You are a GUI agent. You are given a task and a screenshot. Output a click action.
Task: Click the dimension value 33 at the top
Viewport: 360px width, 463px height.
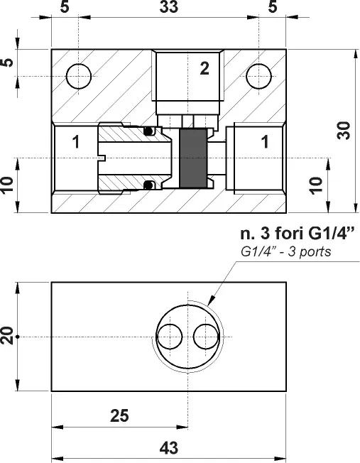[169, 6]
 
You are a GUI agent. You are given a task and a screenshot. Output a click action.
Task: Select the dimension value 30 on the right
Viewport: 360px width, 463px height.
[344, 130]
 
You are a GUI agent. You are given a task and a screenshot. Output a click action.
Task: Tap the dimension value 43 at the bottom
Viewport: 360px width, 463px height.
[169, 447]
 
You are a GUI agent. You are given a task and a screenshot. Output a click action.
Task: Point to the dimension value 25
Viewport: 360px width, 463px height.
[119, 415]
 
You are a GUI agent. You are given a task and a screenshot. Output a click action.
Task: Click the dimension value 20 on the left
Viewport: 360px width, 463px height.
[7, 336]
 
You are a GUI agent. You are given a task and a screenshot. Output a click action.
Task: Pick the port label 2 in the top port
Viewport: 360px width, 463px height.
[204, 68]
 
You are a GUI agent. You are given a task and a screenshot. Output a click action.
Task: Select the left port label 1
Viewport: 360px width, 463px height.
[76, 142]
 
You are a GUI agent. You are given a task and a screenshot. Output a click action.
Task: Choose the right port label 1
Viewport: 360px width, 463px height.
[265, 142]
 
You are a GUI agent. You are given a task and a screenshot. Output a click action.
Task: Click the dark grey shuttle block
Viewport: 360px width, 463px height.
[193, 158]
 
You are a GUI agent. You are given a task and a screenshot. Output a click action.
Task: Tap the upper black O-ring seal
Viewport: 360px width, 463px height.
[148, 131]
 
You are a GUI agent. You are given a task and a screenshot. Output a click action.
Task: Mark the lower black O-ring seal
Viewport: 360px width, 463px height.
[148, 185]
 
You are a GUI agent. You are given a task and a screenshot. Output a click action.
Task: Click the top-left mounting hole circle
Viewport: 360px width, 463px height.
[79, 76]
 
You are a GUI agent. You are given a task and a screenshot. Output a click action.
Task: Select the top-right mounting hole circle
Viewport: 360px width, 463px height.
[258, 76]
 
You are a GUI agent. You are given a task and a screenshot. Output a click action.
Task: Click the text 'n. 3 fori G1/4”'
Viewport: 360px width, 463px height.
[297, 234]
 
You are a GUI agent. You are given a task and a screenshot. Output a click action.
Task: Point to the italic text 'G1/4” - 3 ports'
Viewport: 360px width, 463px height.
[286, 252]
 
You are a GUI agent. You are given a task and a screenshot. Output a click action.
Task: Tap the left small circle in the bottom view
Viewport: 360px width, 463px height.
[170, 337]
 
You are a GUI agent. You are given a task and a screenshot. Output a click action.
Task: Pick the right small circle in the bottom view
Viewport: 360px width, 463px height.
[206, 337]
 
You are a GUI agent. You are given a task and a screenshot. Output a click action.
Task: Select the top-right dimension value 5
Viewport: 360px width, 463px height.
[273, 6]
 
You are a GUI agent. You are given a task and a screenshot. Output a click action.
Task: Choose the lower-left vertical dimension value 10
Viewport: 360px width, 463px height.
[7, 185]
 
